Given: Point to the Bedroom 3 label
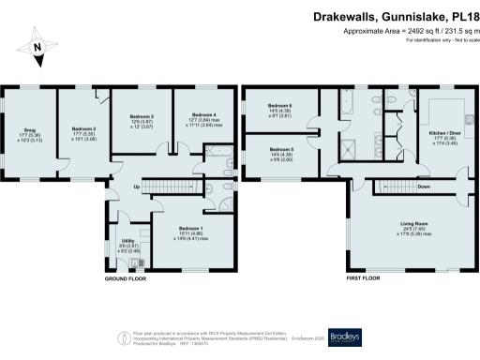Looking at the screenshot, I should [x=141, y=119].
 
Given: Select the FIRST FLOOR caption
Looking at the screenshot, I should [x=367, y=278].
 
